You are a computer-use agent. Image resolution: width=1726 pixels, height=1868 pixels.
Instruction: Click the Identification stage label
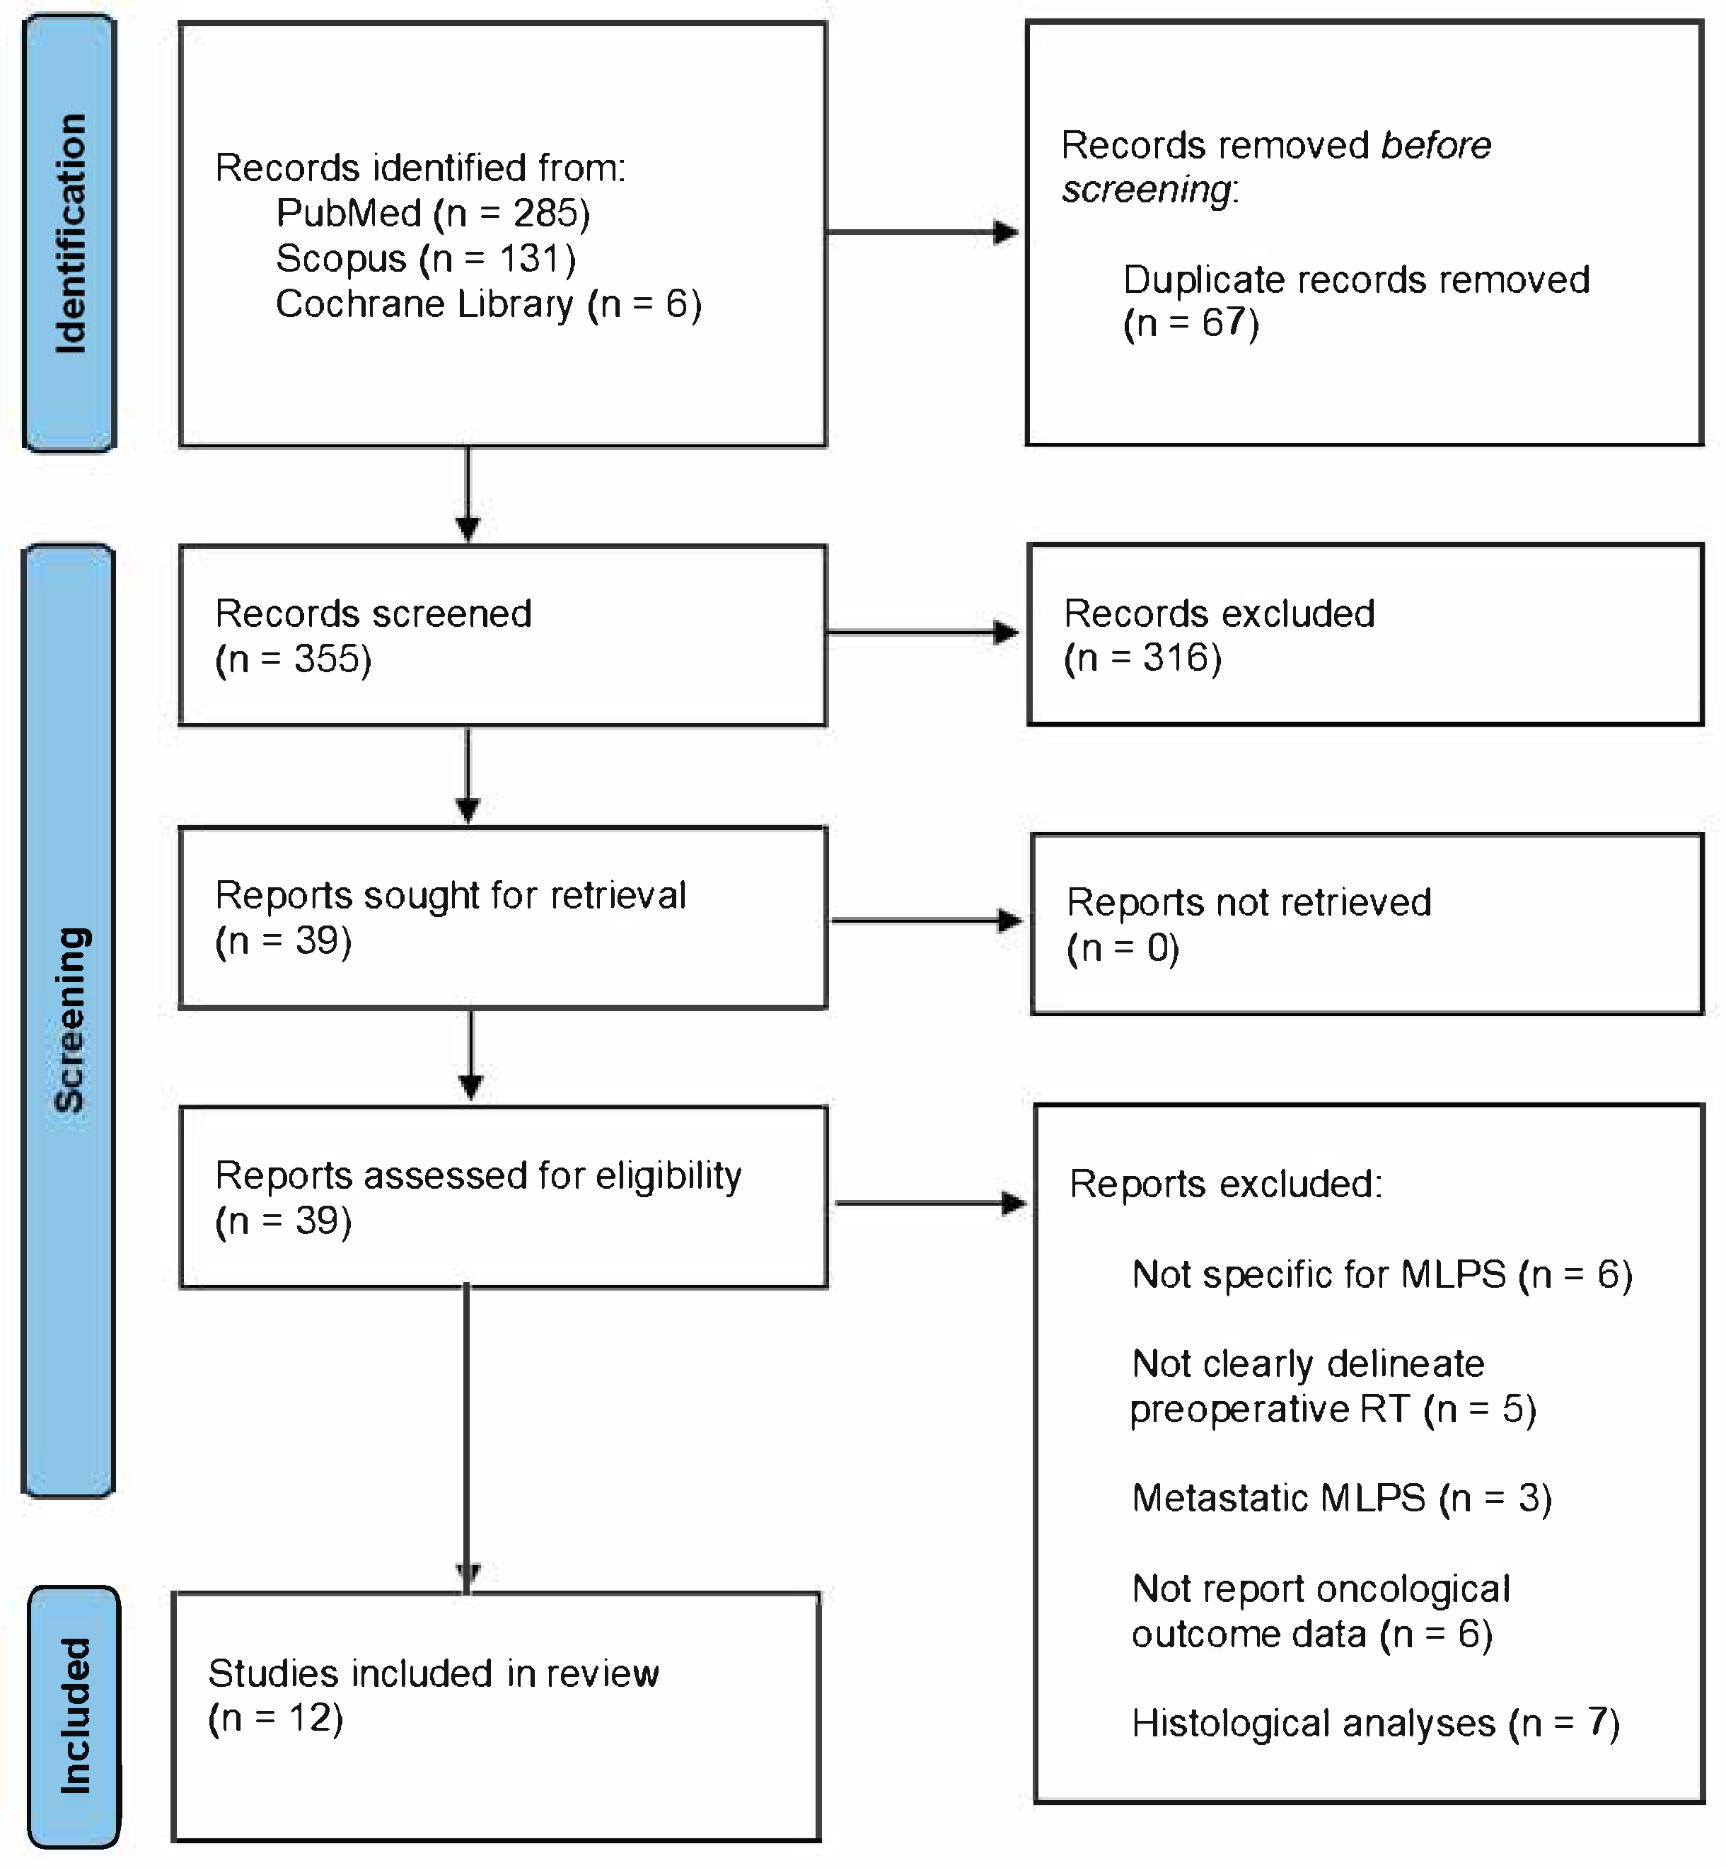tap(70, 233)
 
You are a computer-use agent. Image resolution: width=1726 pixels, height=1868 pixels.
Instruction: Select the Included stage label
tap(75, 1717)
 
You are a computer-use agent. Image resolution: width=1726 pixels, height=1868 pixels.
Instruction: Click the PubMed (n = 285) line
tap(432, 214)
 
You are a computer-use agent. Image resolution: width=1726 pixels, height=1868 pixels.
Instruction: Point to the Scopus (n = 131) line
tap(426, 259)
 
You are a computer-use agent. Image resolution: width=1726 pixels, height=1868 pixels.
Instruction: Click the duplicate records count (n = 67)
tap(1191, 323)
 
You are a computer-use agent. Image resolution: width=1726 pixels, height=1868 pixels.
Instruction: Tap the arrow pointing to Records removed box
tap(923, 233)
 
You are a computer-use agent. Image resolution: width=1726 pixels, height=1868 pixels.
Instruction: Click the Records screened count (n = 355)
tap(294, 659)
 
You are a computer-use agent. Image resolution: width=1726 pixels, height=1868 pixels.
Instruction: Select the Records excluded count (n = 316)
tap(1142, 659)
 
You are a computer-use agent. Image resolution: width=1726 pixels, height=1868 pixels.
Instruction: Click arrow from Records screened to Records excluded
tap(923, 633)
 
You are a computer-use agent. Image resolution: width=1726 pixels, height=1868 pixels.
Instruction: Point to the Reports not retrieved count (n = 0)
tap(1123, 948)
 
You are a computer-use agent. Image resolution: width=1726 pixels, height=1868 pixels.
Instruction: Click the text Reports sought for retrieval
tap(450, 896)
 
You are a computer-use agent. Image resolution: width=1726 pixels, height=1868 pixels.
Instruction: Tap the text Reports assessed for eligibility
tap(478, 1176)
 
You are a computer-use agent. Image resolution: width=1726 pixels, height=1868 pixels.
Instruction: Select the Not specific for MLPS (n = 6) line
tap(1382, 1275)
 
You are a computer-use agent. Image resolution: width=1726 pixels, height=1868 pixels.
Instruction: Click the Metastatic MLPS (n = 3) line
tap(1341, 1498)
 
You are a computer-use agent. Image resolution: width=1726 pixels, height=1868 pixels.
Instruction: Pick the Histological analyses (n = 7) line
tap(1375, 1723)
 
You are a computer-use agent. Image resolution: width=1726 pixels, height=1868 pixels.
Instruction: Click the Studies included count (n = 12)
tap(276, 1719)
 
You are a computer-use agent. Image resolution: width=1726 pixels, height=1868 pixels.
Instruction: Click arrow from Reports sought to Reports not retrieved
tap(927, 921)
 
